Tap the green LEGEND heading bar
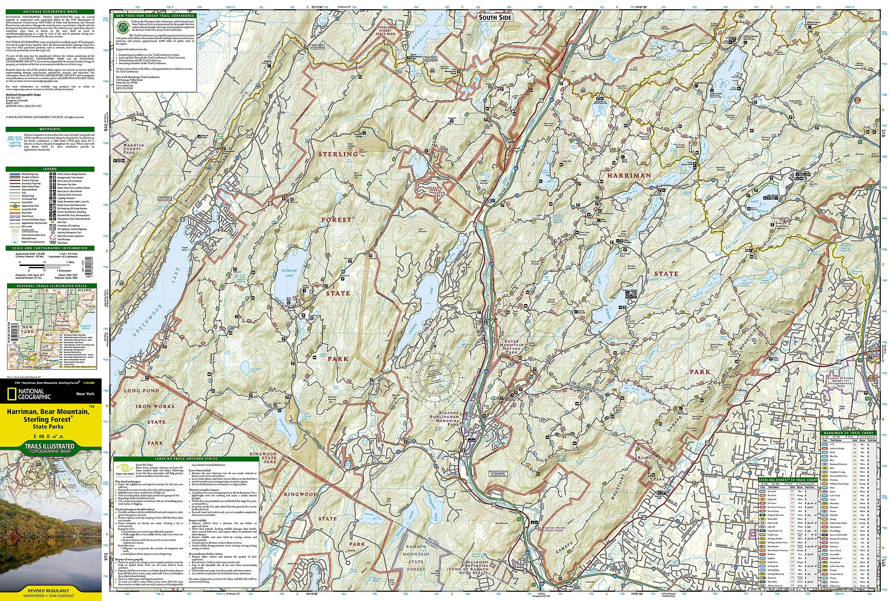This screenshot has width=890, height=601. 50,169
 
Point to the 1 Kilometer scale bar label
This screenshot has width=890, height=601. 65,270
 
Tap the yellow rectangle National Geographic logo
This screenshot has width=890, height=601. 9,394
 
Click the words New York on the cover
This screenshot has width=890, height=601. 85,394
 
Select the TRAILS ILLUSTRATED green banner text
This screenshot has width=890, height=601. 50,446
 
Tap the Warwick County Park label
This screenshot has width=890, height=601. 134,149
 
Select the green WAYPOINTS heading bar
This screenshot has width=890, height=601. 50,129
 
